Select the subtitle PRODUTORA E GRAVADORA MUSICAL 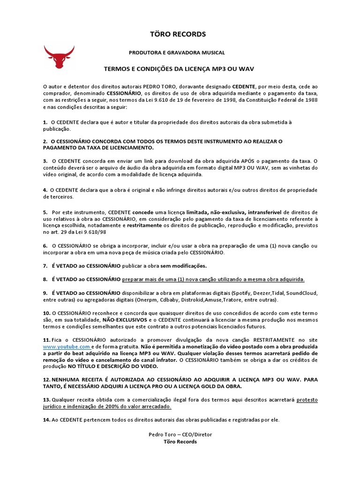(x=177, y=53)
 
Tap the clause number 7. (x=45, y=266)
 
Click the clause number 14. (x=46, y=420)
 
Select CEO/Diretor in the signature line (x=197, y=435)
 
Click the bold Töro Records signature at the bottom (x=180, y=442)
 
